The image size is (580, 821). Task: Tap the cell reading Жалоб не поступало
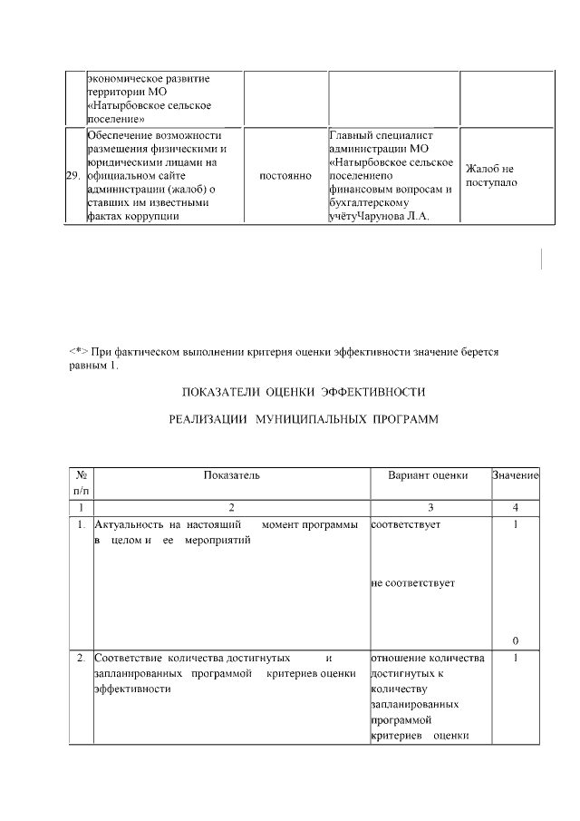tap(490, 176)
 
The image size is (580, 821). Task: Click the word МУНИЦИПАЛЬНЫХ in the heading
tap(306, 421)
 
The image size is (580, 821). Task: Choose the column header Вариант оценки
tap(428, 475)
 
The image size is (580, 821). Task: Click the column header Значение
tap(515, 475)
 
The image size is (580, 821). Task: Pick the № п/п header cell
tap(82, 483)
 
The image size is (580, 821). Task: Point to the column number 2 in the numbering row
tap(231, 507)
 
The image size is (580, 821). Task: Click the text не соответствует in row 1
tap(412, 582)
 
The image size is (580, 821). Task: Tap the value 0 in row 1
tap(515, 641)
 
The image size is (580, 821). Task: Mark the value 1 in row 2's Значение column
tap(515, 658)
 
